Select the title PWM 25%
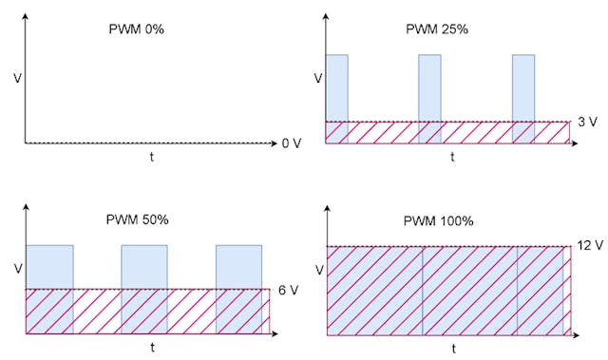tap(437, 29)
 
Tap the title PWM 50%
tap(136, 219)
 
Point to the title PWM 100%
tap(440, 221)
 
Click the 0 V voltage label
tap(291, 143)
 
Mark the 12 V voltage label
tap(589, 245)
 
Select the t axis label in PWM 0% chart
tap(152, 157)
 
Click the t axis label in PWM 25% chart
tap(452, 157)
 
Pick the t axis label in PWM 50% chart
tap(152, 348)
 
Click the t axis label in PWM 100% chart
tap(452, 349)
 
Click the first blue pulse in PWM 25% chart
tap(337, 87)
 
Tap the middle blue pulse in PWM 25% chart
tap(430, 87)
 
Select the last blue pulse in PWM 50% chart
tap(238, 267)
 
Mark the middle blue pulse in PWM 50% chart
tap(143, 267)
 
